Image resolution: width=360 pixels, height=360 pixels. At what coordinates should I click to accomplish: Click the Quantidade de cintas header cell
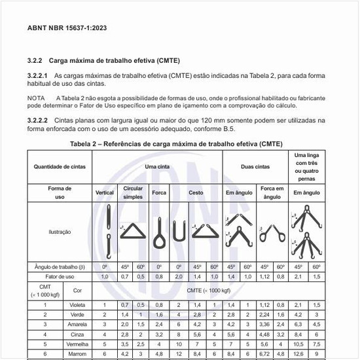pyautogui.click(x=60, y=167)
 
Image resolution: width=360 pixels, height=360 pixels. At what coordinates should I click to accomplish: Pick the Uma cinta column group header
pyautogui.click(x=157, y=167)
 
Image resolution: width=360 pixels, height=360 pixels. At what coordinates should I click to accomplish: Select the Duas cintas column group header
pyautogui.click(x=255, y=167)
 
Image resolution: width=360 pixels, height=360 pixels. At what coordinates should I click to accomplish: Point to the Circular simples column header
pyautogui.click(x=133, y=192)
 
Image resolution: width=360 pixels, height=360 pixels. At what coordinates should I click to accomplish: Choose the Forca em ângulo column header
pyautogui.click(x=272, y=192)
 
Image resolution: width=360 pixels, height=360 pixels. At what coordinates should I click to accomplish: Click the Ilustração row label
pyautogui.click(x=60, y=231)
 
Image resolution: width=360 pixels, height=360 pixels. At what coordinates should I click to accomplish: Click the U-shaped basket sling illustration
pyautogui.click(x=176, y=231)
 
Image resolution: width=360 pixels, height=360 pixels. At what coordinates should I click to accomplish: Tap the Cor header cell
pyautogui.click(x=78, y=290)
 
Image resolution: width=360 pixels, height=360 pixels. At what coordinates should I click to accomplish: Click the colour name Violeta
pyautogui.click(x=78, y=305)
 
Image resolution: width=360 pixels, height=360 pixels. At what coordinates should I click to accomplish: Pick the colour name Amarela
pyautogui.click(x=78, y=324)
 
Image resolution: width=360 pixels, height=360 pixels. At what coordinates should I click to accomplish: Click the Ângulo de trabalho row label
pyautogui.click(x=60, y=267)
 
